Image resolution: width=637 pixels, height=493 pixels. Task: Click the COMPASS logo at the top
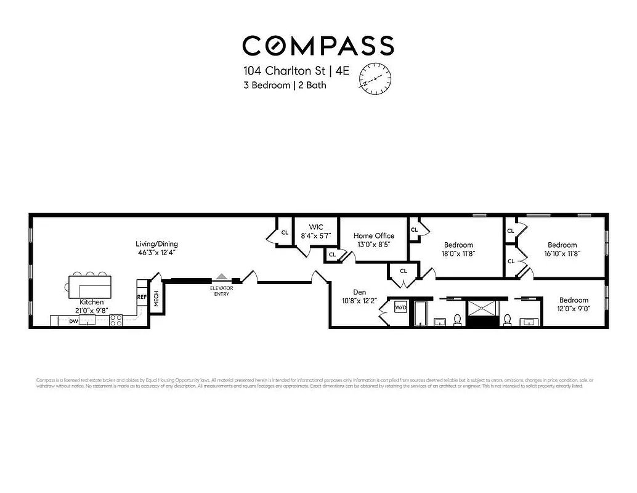pyautogui.click(x=318, y=46)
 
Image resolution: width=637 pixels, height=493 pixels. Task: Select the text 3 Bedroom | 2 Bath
pyautogui.click(x=285, y=85)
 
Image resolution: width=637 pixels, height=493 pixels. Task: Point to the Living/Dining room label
pyautogui.click(x=158, y=244)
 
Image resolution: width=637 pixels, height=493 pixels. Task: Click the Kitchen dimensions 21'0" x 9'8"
pyautogui.click(x=91, y=311)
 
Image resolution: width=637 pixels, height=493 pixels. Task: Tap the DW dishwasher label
pyautogui.click(x=73, y=321)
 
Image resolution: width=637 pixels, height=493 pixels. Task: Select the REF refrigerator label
pyautogui.click(x=142, y=297)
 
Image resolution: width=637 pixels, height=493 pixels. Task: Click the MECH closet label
pyautogui.click(x=156, y=299)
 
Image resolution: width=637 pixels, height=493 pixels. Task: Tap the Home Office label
pyautogui.click(x=373, y=235)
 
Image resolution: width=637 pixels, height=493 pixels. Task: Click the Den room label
pyautogui.click(x=360, y=292)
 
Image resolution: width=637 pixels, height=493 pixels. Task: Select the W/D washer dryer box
pyautogui.click(x=400, y=306)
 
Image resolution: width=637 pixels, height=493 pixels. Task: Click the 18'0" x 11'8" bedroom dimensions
pyautogui.click(x=458, y=253)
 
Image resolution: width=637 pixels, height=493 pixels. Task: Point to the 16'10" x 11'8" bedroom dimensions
pyautogui.click(x=562, y=253)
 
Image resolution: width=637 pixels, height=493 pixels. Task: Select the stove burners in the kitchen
pyautogui.click(x=116, y=320)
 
